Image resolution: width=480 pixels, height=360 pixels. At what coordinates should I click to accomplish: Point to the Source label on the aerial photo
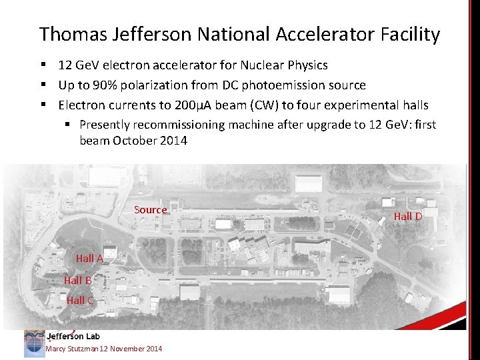pos(151,210)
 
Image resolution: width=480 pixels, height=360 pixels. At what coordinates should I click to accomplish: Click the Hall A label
pos(89,259)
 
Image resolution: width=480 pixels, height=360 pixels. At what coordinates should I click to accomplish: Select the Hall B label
pos(78,280)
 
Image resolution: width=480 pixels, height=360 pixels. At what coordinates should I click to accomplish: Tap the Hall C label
pos(80,300)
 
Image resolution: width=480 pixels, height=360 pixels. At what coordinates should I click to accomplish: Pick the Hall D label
pos(408,216)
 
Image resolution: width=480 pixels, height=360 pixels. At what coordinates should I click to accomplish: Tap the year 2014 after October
pos(173,141)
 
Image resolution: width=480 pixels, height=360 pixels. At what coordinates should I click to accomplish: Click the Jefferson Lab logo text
pos(73,336)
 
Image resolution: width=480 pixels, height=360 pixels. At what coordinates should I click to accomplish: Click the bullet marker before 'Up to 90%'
pos(43,85)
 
